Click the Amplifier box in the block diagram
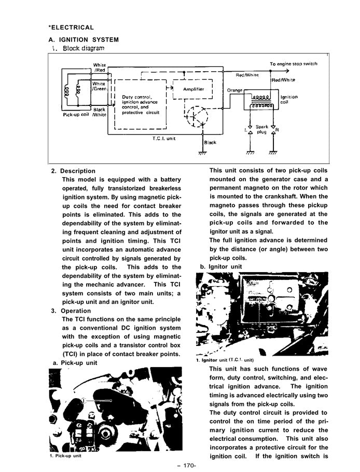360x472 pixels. (x=193, y=89)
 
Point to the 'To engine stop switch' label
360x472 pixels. (x=293, y=64)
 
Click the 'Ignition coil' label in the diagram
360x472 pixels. (x=289, y=100)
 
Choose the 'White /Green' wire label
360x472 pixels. (x=99, y=86)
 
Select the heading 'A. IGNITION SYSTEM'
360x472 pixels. (x=84, y=39)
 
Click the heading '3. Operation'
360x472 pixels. (x=71, y=311)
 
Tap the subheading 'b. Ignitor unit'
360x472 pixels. (x=221, y=267)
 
